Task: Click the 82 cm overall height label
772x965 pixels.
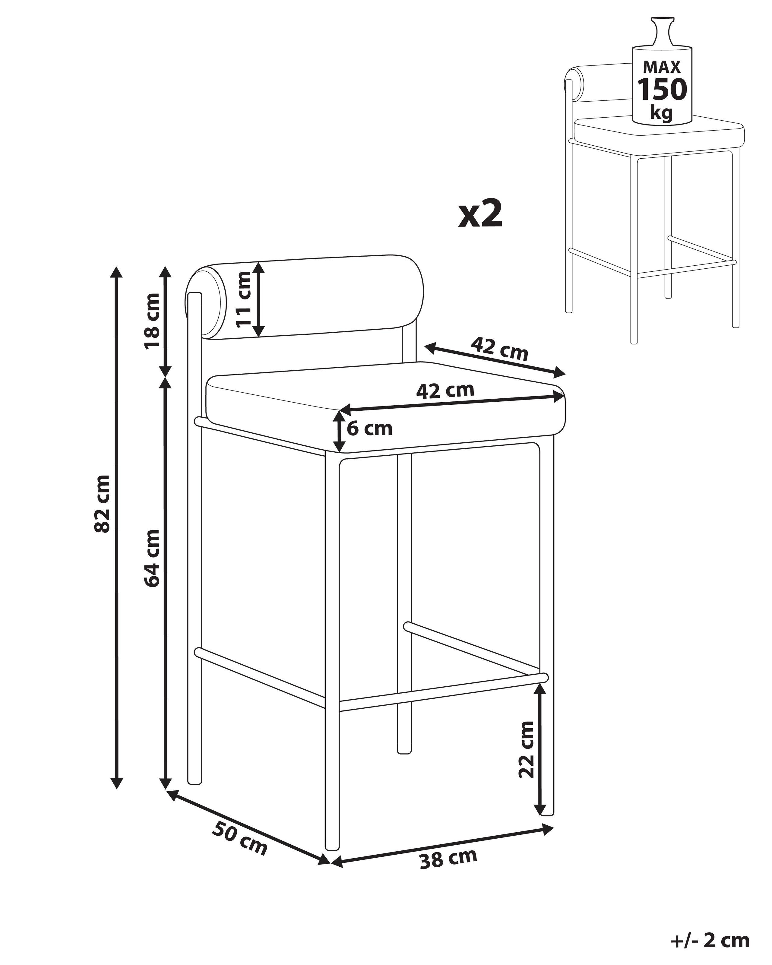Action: (103, 504)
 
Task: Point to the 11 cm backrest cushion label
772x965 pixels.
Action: (244, 299)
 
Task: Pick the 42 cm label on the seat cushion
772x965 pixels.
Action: (445, 390)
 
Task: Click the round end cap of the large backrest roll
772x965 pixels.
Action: (206, 301)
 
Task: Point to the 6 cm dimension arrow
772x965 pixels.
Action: (340, 431)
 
